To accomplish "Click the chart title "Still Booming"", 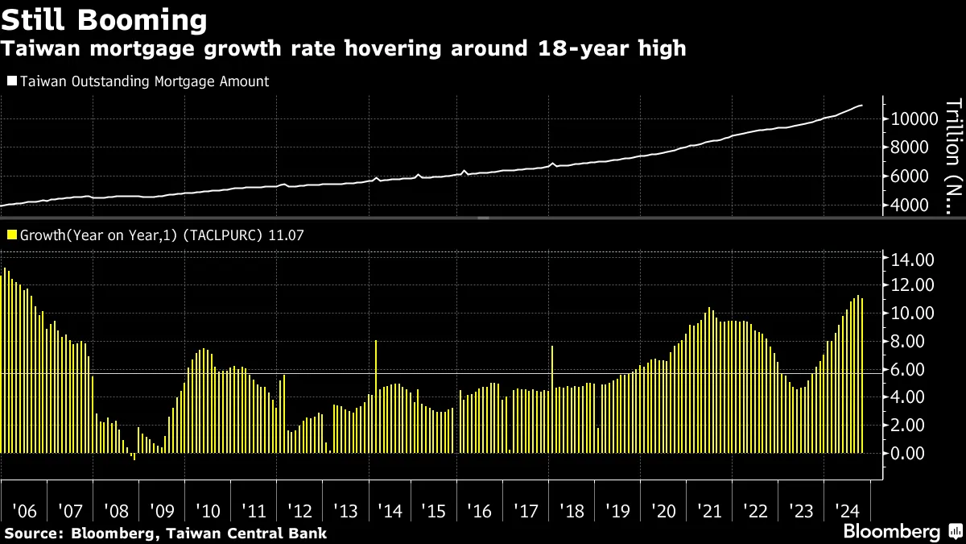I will [x=105, y=19].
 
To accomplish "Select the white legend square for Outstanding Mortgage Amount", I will [x=11, y=81].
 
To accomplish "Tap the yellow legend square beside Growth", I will [x=11, y=235].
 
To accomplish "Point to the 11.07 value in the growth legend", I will [x=290, y=235].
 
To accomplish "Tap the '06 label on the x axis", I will [x=25, y=511].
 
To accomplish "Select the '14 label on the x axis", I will [x=390, y=511].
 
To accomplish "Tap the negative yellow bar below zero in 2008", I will [x=134, y=456].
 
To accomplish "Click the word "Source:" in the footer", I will [x=34, y=533].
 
